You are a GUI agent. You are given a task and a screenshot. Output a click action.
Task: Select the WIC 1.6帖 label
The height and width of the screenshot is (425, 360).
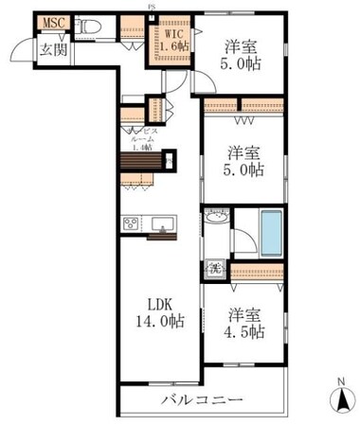pos(171,38)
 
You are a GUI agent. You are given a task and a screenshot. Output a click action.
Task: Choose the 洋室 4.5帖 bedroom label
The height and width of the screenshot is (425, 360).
pos(244,323)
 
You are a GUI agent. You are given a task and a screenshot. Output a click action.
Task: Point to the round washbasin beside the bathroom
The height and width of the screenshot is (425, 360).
pos(215,219)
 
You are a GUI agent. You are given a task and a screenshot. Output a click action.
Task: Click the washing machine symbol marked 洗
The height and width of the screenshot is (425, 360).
pos(215,270)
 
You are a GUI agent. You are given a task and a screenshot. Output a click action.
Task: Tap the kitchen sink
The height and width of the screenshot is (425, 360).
pos(161,224)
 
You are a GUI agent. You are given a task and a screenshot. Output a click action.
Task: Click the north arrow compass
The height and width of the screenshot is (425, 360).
pos(337,398)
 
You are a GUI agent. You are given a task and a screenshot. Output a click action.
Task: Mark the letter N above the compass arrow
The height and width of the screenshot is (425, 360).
pos(338,382)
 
